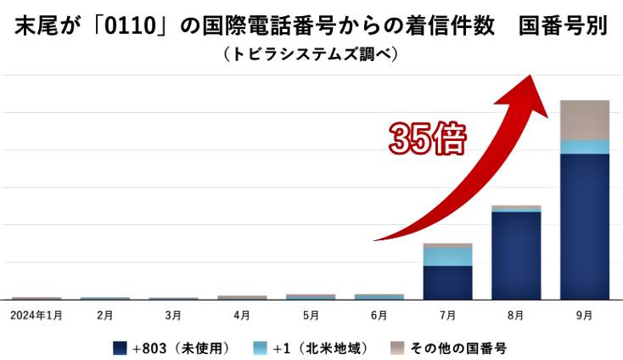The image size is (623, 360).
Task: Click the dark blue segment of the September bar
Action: coord(585,226)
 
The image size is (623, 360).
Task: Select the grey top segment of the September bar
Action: coord(585,120)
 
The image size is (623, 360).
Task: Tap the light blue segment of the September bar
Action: coord(585,147)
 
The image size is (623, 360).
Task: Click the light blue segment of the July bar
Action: coord(447,256)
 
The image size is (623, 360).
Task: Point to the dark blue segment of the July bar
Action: coord(447,282)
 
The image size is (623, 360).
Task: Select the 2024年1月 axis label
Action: coord(36,315)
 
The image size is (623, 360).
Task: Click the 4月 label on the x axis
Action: coord(242,315)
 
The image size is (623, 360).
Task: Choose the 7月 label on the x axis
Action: coord(447,315)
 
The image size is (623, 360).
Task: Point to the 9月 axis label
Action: coord(585,315)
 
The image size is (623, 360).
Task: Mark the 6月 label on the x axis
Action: coord(379,315)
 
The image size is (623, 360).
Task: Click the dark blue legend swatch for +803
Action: coord(120,348)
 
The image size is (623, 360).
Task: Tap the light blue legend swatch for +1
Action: coord(261,348)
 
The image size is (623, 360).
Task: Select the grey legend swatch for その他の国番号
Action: coord(397,348)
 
